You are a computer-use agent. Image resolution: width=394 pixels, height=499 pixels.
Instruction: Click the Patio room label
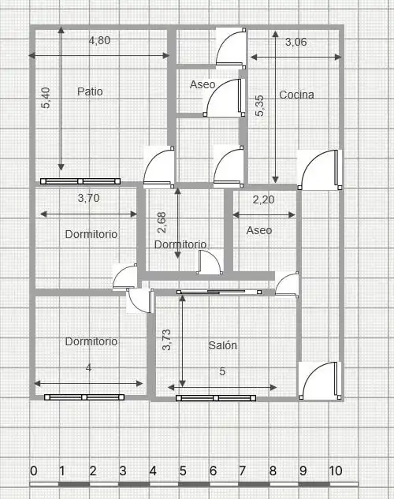[x=90, y=91]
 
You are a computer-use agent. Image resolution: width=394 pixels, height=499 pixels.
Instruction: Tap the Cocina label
[x=296, y=95]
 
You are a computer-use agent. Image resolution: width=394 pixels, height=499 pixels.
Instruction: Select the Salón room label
[x=222, y=345]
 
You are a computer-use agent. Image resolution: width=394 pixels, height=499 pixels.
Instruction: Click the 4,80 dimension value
[x=99, y=40]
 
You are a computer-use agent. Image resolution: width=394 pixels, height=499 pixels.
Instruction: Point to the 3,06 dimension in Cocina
[x=295, y=42]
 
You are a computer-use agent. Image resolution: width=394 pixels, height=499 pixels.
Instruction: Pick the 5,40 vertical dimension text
[x=46, y=98]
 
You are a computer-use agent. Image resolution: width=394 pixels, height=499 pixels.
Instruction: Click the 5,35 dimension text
[x=259, y=106]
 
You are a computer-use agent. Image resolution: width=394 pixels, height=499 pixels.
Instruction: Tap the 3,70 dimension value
[x=88, y=198]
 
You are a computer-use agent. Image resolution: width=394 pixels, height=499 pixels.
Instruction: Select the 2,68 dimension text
[x=162, y=222]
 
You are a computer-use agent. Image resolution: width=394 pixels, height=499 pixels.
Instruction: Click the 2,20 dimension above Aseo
[x=263, y=199]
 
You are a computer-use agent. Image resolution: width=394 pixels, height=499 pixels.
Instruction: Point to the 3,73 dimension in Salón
[x=166, y=340]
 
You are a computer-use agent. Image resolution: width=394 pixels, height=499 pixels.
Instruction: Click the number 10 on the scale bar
[x=336, y=471]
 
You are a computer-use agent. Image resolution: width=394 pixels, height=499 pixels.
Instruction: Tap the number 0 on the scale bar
[x=33, y=471]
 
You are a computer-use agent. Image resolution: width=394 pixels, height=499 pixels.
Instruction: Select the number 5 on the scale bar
[x=183, y=471]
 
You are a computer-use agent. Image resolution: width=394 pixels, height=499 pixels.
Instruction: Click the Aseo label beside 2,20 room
[x=259, y=230]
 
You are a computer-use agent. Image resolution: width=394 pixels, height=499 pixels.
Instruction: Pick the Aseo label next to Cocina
[x=203, y=84]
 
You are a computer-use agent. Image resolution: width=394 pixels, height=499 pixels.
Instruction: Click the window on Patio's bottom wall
[x=80, y=181]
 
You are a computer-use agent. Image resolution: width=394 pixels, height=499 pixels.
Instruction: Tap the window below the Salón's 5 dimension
[x=216, y=398]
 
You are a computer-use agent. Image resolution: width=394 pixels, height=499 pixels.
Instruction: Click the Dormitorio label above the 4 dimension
[x=91, y=341]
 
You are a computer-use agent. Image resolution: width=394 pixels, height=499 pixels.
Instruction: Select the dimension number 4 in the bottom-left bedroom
[x=88, y=368]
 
